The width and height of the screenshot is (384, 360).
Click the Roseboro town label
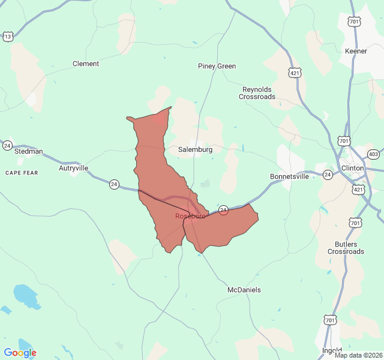pos(190,216)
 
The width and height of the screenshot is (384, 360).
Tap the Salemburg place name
pos(195,149)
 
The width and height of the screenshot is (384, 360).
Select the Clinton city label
pos(352,168)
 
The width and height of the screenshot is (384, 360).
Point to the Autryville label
pos(73,168)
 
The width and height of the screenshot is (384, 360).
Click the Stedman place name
pos(29,151)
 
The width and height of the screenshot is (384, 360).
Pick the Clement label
pos(86,64)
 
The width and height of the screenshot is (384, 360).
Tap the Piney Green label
pos(217,66)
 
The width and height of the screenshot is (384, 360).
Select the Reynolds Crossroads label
pos(257,93)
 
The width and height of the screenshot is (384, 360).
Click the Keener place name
pos(356,51)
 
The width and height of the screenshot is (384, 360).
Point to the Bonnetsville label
pos(289,176)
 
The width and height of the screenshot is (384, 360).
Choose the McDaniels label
pos(244,290)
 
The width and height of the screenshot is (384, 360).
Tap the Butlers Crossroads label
pos(346,248)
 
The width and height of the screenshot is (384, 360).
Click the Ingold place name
pos(332,350)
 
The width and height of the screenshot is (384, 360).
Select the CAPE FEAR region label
pos(22,173)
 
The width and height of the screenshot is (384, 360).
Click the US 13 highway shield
pos(8,37)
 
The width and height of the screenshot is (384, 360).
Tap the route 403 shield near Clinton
pos(374,154)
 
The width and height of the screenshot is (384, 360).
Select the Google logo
pos(20,352)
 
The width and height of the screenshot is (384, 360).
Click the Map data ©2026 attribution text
pos(358,355)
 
